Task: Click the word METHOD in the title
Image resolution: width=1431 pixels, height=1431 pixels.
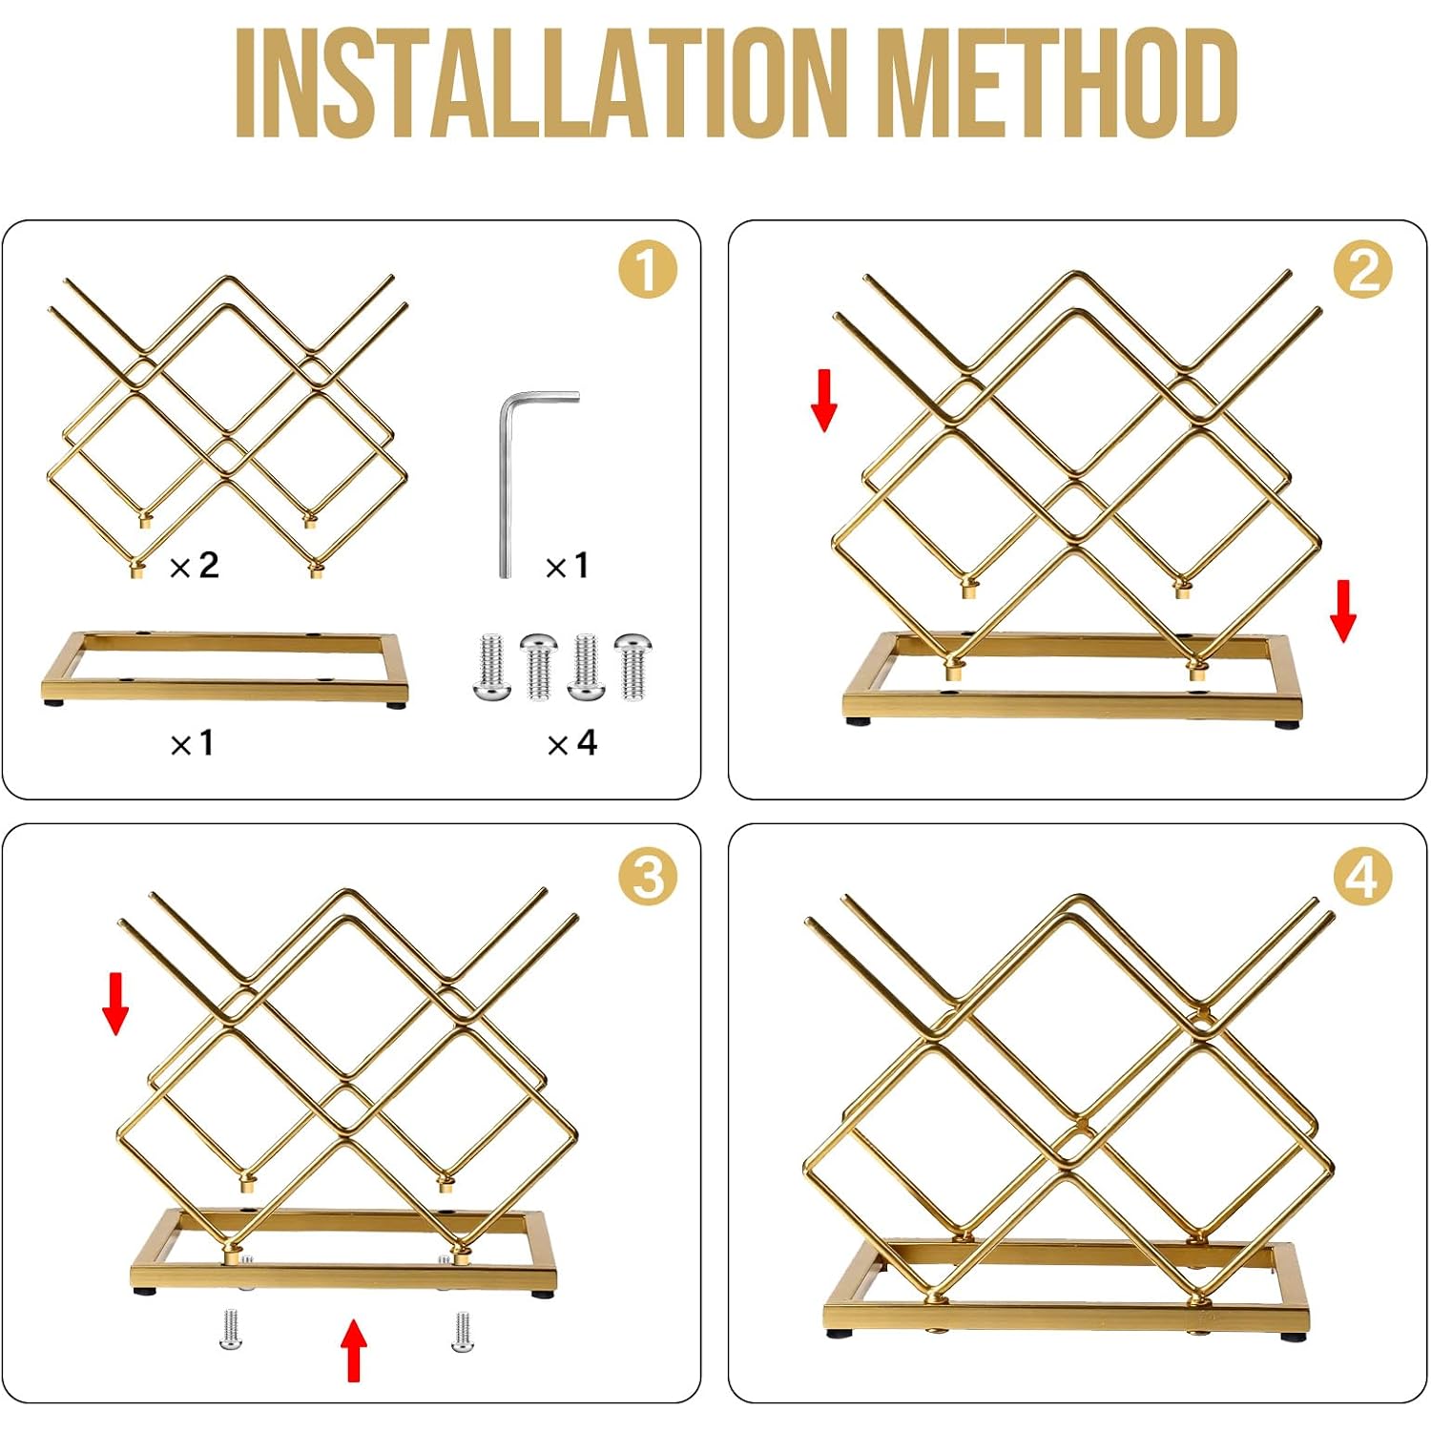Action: (1057, 83)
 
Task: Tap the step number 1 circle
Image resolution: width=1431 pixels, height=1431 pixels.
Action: (648, 270)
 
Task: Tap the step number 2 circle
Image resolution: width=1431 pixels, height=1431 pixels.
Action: (1363, 270)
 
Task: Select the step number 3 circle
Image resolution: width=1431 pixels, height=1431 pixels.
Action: (648, 876)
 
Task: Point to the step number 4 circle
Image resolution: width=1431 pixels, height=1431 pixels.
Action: (1363, 876)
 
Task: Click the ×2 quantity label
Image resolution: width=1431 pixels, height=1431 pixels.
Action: (195, 566)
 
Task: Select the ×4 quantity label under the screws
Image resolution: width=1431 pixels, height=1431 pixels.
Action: (572, 742)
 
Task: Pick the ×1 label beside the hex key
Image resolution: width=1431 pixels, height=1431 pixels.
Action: (567, 566)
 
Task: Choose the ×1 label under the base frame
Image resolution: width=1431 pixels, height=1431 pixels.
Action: (192, 742)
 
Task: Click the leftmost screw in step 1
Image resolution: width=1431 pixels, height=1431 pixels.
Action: (491, 666)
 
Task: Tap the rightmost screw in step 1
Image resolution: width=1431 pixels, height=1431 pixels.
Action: (632, 666)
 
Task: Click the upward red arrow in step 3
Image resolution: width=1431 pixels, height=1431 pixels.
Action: (354, 1350)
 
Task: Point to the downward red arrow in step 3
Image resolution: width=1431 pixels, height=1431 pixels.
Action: (115, 1004)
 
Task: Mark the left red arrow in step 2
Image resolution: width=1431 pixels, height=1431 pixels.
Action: (824, 401)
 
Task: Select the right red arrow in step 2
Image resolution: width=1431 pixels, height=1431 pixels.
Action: (1343, 612)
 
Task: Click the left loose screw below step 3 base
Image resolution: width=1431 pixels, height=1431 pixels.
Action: (230, 1329)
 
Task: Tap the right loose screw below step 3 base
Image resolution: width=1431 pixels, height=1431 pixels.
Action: (462, 1332)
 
